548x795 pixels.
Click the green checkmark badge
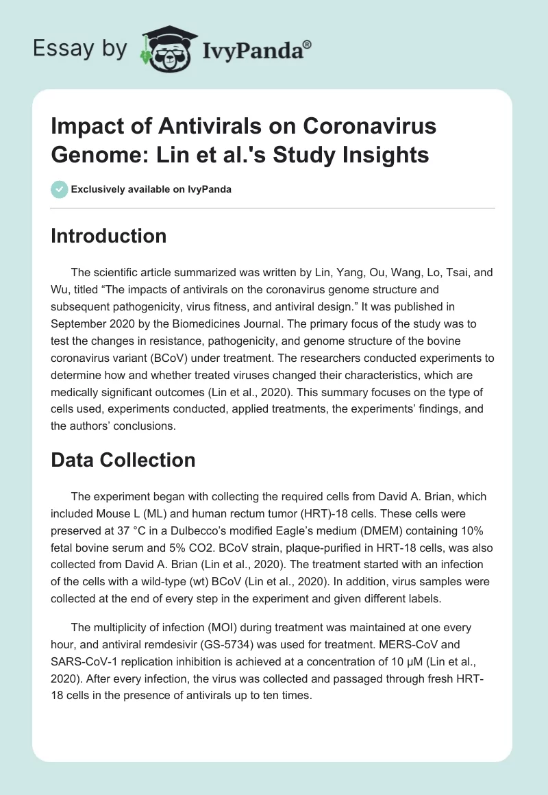(59, 189)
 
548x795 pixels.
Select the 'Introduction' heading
(109, 236)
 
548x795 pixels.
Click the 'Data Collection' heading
(123, 459)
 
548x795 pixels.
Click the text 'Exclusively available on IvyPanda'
(151, 189)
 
